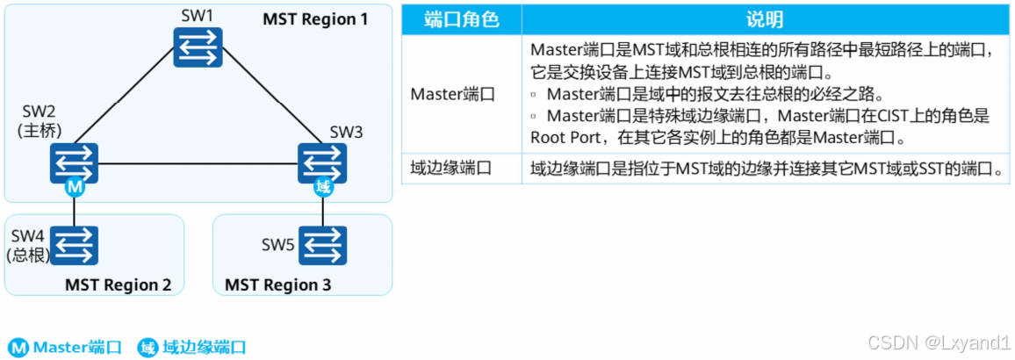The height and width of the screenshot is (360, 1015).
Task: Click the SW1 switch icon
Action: [198, 47]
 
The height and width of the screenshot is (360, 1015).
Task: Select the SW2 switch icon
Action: [74, 162]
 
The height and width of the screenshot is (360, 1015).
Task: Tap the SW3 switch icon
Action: [322, 162]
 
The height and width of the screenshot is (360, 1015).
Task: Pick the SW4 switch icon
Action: [74, 245]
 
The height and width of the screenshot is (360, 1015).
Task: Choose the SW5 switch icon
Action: [322, 245]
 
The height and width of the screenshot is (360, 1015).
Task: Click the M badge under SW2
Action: [75, 187]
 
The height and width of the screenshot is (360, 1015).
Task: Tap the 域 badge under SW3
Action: [323, 187]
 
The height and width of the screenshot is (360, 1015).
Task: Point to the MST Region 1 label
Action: [315, 19]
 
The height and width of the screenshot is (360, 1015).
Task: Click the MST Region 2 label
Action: [118, 284]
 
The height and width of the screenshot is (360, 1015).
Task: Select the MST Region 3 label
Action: [278, 284]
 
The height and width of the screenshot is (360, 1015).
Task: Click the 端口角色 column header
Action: [461, 19]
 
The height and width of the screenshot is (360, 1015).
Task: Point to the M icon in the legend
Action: [18, 348]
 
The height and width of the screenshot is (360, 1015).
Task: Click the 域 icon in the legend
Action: [148, 348]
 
